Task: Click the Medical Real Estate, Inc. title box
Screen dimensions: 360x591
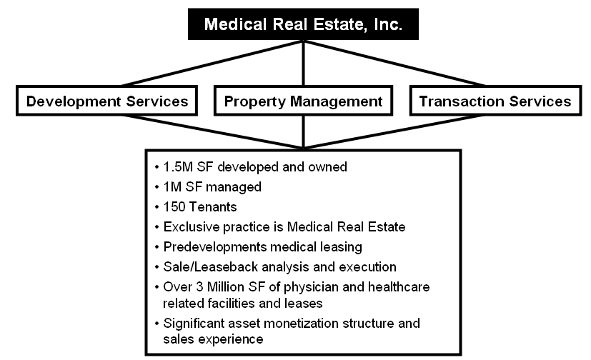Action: pyautogui.click(x=304, y=24)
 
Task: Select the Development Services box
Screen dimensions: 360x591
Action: pyautogui.click(x=107, y=101)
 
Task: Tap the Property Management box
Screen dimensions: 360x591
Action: pyautogui.click(x=304, y=101)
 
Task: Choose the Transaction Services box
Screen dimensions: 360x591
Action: pyautogui.click(x=495, y=101)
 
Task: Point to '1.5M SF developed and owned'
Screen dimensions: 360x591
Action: pyautogui.click(x=255, y=167)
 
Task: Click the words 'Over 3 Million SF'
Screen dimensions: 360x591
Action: pyautogui.click(x=217, y=286)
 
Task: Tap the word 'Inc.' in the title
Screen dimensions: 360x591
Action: pyautogui.click(x=389, y=24)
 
